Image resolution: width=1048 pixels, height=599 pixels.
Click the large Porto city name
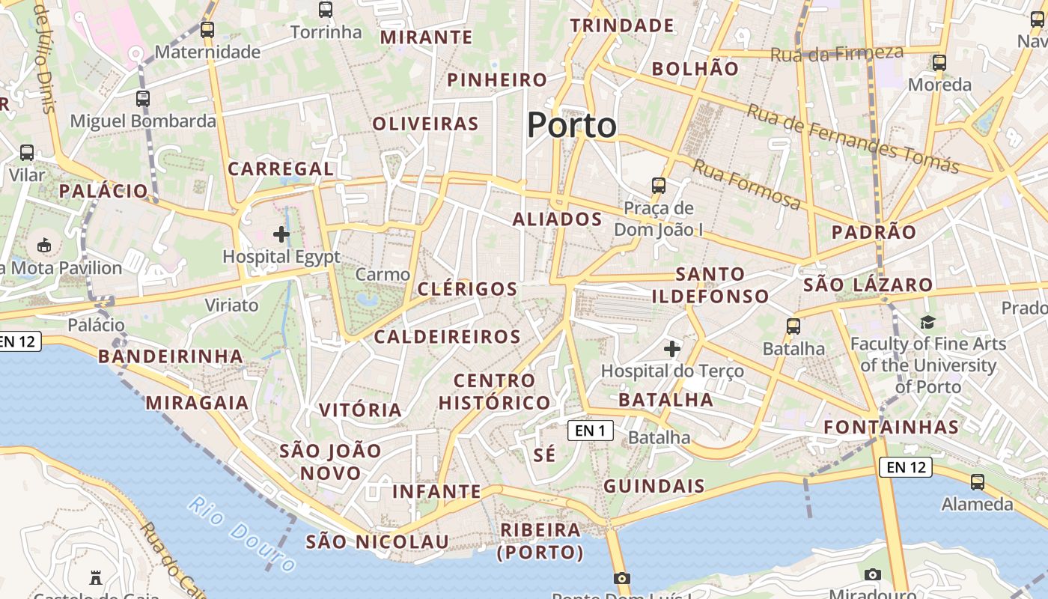tap(572, 125)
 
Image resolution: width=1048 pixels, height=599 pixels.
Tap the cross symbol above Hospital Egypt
tap(281, 234)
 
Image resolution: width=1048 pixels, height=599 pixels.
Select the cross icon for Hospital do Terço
tap(672, 348)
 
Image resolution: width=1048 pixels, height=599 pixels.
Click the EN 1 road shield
tap(591, 431)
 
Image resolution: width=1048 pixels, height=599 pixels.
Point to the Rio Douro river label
tap(242, 533)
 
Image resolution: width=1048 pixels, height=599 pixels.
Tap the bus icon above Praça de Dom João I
tap(659, 185)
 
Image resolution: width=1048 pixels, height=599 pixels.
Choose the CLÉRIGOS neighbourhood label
tap(467, 289)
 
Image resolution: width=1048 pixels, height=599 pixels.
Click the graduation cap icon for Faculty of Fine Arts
tap(928, 322)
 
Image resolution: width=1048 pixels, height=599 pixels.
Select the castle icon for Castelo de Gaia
tap(96, 577)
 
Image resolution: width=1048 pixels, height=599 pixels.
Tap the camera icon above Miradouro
tap(873, 574)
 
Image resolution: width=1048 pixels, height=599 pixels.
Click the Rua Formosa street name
tap(746, 184)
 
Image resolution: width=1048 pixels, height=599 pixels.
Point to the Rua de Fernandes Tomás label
tap(853, 139)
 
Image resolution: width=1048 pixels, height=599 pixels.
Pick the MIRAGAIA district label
tap(197, 403)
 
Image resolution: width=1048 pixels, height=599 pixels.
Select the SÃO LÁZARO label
tap(868, 285)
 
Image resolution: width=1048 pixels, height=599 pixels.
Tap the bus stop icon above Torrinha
tap(326, 10)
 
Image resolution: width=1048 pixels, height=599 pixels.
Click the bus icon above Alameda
tap(978, 482)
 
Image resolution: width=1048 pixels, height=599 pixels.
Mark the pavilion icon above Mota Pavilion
tap(44, 245)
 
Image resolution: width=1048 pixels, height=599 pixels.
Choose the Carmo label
tap(383, 274)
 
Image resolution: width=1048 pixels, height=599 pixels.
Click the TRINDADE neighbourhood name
tap(622, 25)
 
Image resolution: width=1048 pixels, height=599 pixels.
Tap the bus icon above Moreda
tap(939, 63)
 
